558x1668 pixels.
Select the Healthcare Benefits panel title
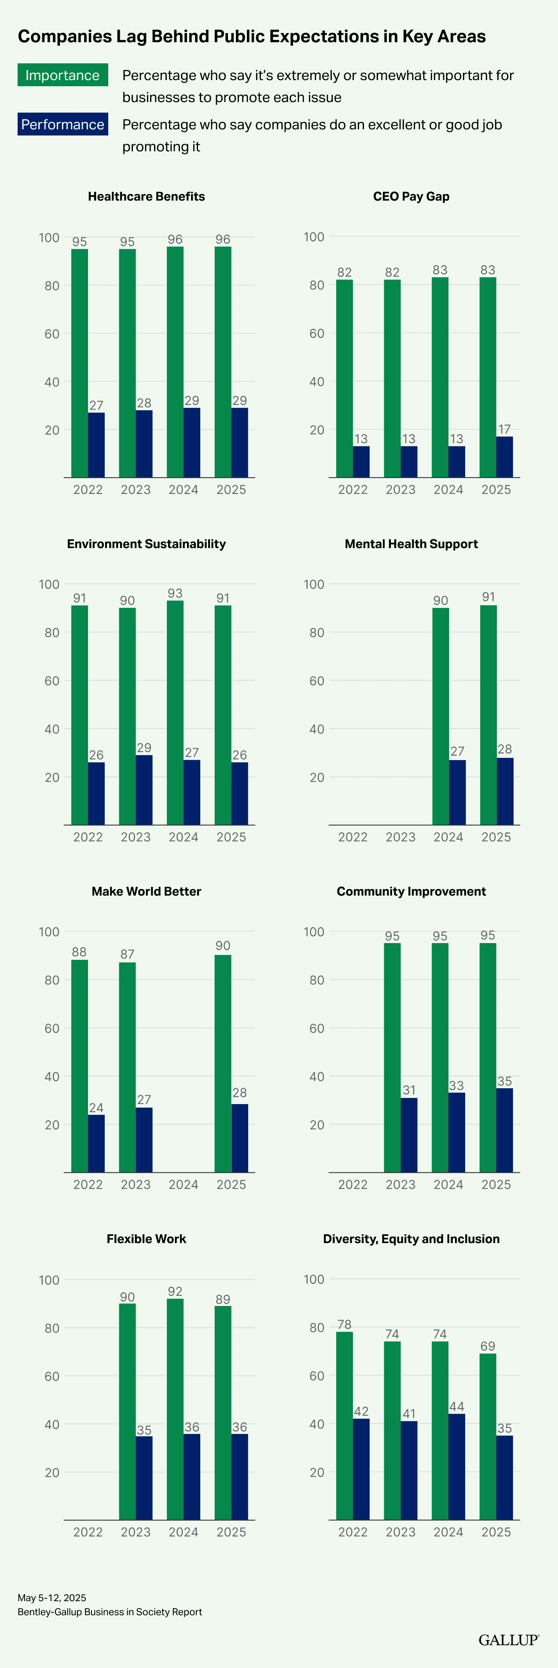(x=147, y=196)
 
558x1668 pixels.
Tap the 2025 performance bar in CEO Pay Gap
(x=504, y=457)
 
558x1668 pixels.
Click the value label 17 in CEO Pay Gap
(x=504, y=429)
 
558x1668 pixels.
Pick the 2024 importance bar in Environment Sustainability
(x=175, y=712)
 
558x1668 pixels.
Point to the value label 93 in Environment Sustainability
(x=175, y=593)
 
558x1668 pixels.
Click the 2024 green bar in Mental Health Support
(x=440, y=716)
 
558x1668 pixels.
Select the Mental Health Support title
(x=411, y=544)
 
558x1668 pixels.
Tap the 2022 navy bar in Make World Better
(x=96, y=1144)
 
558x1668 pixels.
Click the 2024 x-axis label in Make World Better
(x=184, y=1184)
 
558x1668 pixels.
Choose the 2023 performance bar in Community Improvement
(x=409, y=1135)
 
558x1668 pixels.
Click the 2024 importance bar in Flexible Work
(x=175, y=1409)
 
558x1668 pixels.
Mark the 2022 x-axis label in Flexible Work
(x=88, y=1532)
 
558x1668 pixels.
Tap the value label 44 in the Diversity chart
(x=456, y=1406)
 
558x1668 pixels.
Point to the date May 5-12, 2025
(x=52, y=1598)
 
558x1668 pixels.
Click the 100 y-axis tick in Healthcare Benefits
(x=49, y=238)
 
